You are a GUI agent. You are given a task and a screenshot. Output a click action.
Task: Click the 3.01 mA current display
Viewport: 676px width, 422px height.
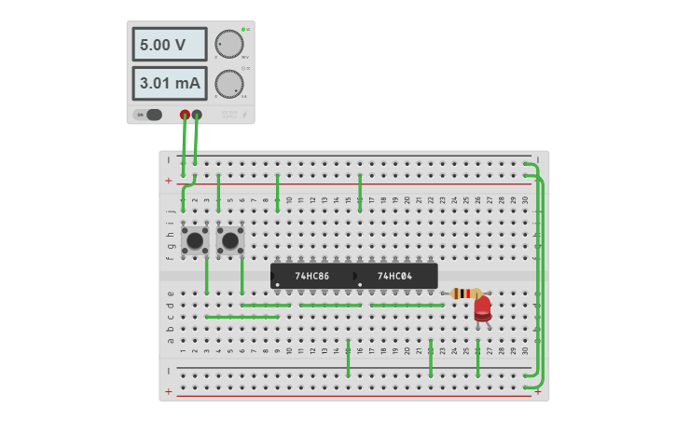pos(169,83)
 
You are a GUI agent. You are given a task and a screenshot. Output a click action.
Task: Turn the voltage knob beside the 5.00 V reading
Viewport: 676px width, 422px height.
pos(228,44)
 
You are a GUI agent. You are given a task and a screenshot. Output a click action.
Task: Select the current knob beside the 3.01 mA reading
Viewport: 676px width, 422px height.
pos(228,84)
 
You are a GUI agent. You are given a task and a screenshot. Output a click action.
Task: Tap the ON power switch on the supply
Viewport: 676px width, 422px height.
pos(148,115)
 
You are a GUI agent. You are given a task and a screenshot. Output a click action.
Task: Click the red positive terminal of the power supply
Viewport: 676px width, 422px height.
pos(185,115)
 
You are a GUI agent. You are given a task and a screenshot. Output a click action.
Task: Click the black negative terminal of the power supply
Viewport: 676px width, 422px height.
pos(197,115)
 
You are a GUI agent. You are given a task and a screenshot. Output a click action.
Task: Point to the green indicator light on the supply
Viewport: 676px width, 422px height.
pos(243,30)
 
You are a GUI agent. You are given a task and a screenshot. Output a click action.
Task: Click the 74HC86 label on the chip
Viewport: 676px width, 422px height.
pos(311,276)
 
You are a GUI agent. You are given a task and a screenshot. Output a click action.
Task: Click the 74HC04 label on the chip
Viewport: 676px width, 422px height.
pos(393,276)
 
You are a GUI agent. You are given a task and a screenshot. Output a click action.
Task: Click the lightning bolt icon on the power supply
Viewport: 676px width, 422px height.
pos(245,116)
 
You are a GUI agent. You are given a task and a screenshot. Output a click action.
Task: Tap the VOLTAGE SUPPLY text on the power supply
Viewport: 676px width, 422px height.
pos(229,116)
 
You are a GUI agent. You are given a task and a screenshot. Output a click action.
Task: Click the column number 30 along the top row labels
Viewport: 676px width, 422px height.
pos(525,199)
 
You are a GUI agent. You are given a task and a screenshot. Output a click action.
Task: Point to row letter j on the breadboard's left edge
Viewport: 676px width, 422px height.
pos(170,211)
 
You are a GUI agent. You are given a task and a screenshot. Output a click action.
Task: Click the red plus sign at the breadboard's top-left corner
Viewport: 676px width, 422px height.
pos(168,180)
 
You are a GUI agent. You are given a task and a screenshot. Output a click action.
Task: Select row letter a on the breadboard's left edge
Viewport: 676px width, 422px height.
pos(170,340)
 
